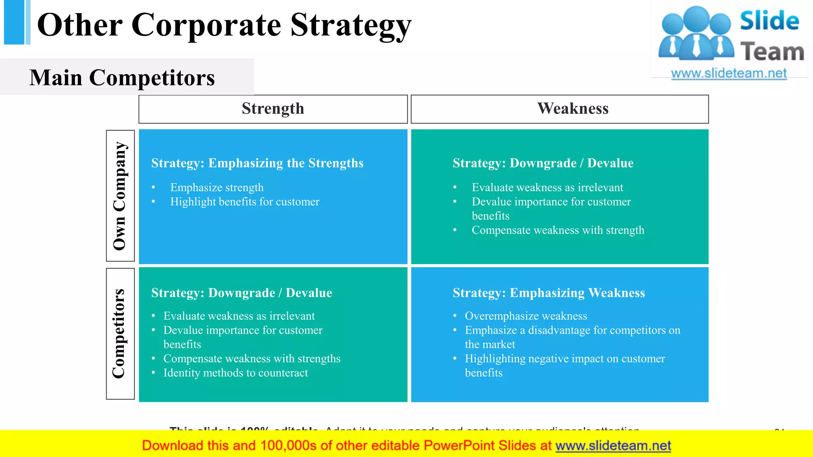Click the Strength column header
click(273, 109)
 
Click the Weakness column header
click(572, 109)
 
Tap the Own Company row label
click(120, 196)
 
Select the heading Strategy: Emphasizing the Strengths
click(257, 163)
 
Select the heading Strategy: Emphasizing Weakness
click(549, 293)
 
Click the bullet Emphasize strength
click(217, 187)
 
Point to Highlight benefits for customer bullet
click(245, 202)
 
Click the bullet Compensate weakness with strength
click(558, 230)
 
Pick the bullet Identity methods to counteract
click(235, 373)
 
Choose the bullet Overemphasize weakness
click(526, 316)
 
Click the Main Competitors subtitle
click(122, 77)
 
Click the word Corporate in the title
click(206, 25)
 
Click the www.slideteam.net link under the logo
click(728, 73)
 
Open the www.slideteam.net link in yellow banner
click(613, 445)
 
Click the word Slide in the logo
click(769, 21)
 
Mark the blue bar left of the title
click(15, 22)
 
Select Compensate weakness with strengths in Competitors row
click(252, 359)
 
